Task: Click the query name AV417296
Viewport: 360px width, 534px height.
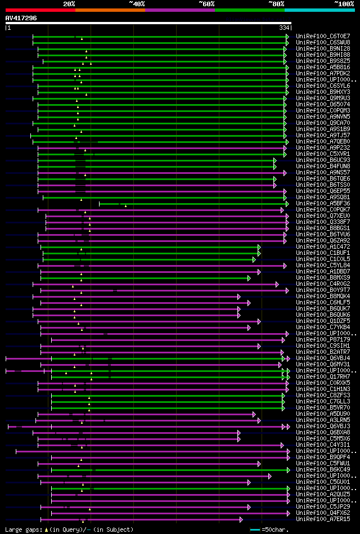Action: [x=21, y=18]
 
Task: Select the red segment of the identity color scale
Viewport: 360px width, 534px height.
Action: [x=40, y=10]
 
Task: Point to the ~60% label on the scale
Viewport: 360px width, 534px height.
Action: [x=206, y=4]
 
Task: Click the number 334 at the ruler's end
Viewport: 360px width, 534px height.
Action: [x=283, y=28]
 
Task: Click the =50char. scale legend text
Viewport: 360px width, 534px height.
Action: [x=276, y=529]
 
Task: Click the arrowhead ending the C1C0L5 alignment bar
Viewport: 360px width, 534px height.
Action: [x=254, y=259]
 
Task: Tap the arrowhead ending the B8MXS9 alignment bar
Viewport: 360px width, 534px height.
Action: [x=249, y=277]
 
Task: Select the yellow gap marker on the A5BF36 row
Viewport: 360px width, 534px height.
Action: [x=125, y=205]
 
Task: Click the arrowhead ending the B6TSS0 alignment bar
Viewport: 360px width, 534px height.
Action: [x=274, y=185]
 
